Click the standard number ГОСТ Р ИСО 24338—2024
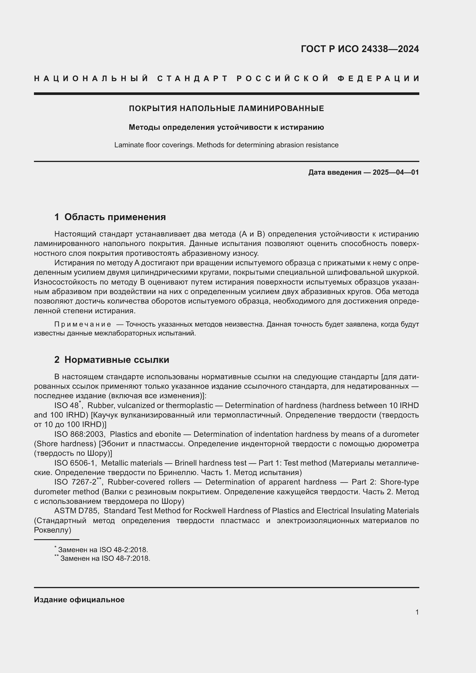pyautogui.click(x=360, y=49)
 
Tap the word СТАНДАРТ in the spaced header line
pyautogui.click(x=192, y=79)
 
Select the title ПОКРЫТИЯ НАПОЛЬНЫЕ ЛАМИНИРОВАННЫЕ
pyautogui.click(x=226, y=108)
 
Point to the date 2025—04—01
pyautogui.click(x=395, y=172)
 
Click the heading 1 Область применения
pyautogui.click(x=110, y=217)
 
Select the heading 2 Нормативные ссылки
pyautogui.click(x=112, y=360)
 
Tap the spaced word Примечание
pyautogui.click(x=83, y=324)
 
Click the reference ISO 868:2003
pyautogui.click(x=79, y=434)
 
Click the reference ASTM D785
pyautogui.click(x=75, y=511)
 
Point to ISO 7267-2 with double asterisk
pyautogui.click(x=77, y=482)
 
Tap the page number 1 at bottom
pyautogui.click(x=417, y=612)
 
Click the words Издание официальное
pyautogui.click(x=79, y=600)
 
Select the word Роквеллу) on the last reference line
pyautogui.click(x=52, y=530)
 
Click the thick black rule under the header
pyautogui.click(x=226, y=94)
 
